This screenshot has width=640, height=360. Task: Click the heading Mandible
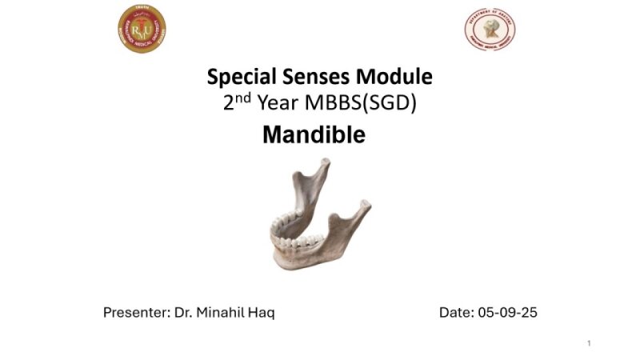pyautogui.click(x=314, y=134)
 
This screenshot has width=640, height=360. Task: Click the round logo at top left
pyautogui.click(x=142, y=28)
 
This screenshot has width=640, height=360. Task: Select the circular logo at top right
pyautogui.click(x=490, y=30)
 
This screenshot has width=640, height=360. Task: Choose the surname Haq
pyautogui.click(x=262, y=312)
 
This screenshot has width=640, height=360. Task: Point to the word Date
pyautogui.click(x=456, y=312)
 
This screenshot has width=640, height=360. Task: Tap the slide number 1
pyautogui.click(x=589, y=343)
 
